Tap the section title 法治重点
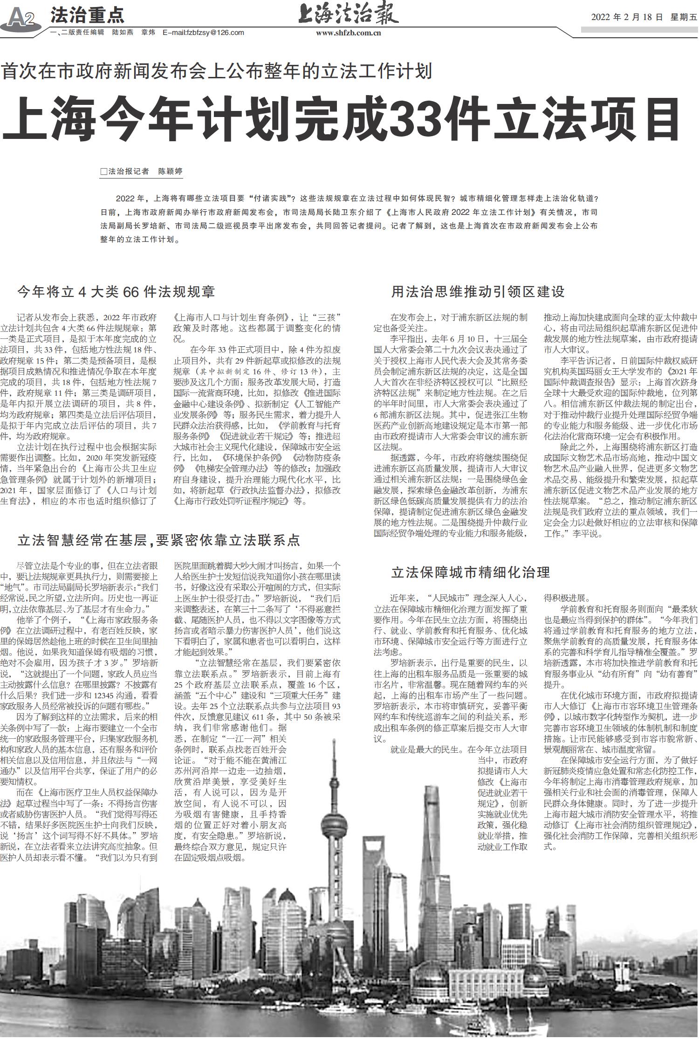tap(88, 15)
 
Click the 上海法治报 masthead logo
tap(349, 14)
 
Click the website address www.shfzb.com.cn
tap(349, 33)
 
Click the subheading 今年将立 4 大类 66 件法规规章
tap(116, 292)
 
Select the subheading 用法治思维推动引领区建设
tap(478, 292)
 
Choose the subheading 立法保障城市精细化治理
tap(471, 572)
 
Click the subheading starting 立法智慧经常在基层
tap(159, 540)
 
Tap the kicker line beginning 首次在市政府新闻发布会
tap(217, 71)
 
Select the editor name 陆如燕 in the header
tap(123, 33)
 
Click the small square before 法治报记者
tap(103, 172)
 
